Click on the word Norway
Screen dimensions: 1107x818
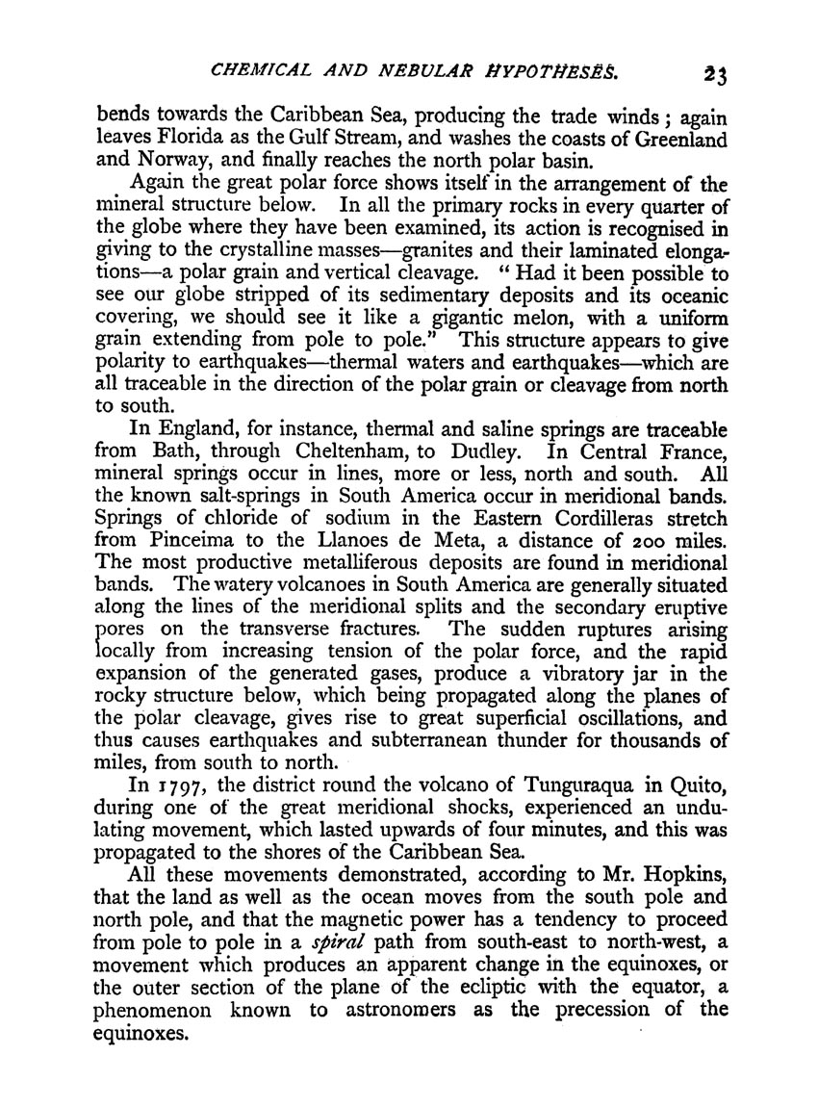pyautogui.click(x=178, y=161)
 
